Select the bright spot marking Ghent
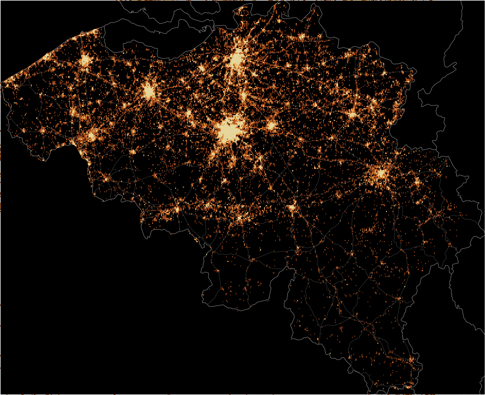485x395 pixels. click(149, 91)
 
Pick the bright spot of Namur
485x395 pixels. click(292, 207)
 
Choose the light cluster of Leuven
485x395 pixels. click(271, 126)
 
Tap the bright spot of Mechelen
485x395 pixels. click(243, 95)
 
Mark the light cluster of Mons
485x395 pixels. click(177, 209)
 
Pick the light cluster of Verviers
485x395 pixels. click(417, 182)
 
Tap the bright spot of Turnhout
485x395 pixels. click(302, 37)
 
